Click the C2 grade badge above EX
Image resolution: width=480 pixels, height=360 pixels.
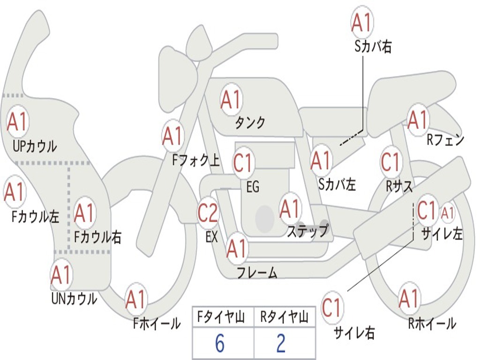208,212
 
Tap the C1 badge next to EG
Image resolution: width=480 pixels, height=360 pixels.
242,163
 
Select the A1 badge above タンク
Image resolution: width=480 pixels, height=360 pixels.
231,99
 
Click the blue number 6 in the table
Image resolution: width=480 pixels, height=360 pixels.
220,343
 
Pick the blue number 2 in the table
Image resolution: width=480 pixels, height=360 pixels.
281,343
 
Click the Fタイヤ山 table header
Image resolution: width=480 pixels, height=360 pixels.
221,317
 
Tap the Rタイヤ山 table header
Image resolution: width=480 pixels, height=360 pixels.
284,317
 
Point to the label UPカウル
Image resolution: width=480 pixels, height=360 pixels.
35,146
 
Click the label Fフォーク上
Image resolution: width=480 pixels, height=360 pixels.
196,160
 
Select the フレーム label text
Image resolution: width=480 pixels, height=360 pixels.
257,272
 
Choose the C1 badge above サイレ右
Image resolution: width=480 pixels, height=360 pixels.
331,307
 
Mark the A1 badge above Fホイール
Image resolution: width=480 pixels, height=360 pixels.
135,300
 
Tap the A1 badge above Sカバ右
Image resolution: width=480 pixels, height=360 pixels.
362,22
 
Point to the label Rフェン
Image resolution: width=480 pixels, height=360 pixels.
445,140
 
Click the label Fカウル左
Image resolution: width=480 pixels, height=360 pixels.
35,217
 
